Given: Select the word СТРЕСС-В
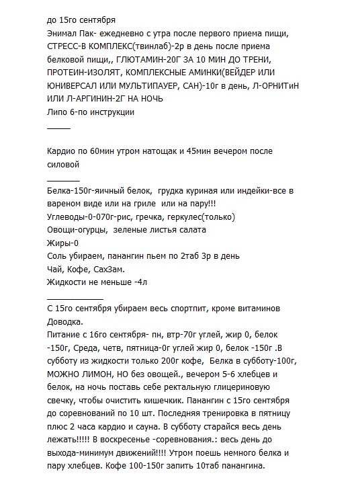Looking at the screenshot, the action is [x=71, y=47].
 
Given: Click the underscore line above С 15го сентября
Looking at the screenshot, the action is [x=75, y=297].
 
